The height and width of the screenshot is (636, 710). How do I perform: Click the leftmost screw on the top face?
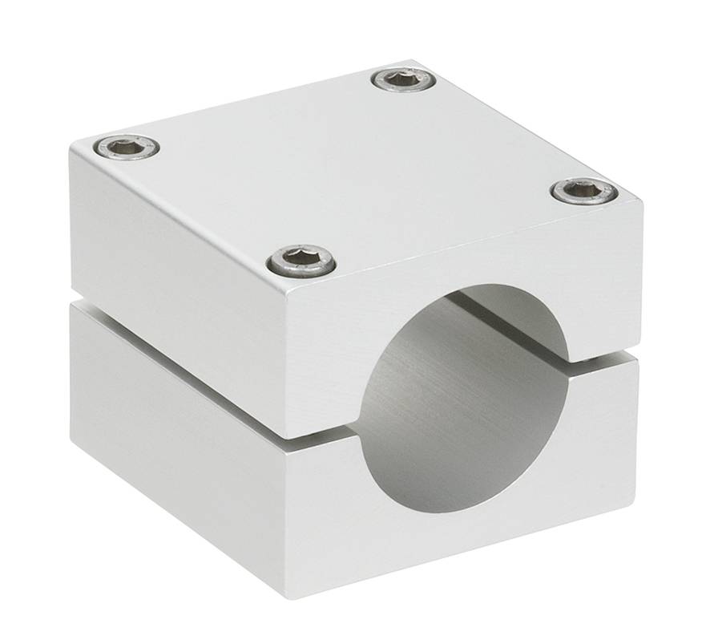pyautogui.click(x=127, y=147)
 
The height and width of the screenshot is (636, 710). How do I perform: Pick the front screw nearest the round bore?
pyautogui.click(x=301, y=259)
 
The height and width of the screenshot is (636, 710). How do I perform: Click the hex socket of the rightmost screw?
pyautogui.click(x=584, y=190)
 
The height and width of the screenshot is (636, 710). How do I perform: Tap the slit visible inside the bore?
pyautogui.click(x=513, y=325)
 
